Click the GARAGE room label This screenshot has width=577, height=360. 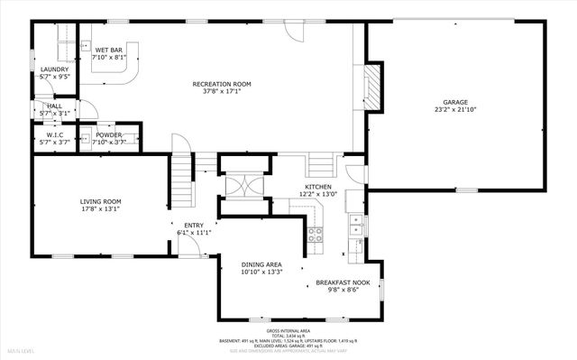(454, 103)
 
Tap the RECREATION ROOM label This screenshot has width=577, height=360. (221, 84)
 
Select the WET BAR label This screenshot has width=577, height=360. (109, 50)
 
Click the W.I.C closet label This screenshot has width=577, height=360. (54, 135)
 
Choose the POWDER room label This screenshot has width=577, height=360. (108, 135)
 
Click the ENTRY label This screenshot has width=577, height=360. (194, 226)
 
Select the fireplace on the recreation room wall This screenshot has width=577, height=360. (372, 87)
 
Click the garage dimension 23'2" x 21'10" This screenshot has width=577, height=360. (454, 111)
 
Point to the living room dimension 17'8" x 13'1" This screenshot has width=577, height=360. (100, 209)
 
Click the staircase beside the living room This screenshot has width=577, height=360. (183, 180)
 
